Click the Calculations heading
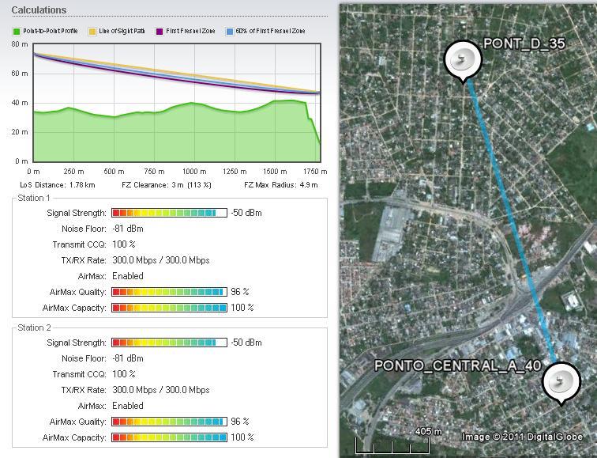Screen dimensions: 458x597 39,10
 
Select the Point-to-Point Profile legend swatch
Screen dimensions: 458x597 16,32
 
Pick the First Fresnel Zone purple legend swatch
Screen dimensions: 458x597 160,32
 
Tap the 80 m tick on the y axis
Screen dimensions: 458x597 20,44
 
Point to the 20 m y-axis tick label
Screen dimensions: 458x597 20,132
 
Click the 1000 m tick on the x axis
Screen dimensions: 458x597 193,172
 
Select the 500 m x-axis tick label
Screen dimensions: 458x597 113,172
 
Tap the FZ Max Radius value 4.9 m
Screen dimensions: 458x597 307,185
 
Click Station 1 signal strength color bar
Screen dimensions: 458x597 169,213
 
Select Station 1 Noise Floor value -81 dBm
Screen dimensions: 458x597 127,229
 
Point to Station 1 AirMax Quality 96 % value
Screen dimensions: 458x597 240,292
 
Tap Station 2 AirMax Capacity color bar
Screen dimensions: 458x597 169,437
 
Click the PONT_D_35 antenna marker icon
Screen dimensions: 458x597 463,60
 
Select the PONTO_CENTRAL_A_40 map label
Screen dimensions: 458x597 457,366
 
